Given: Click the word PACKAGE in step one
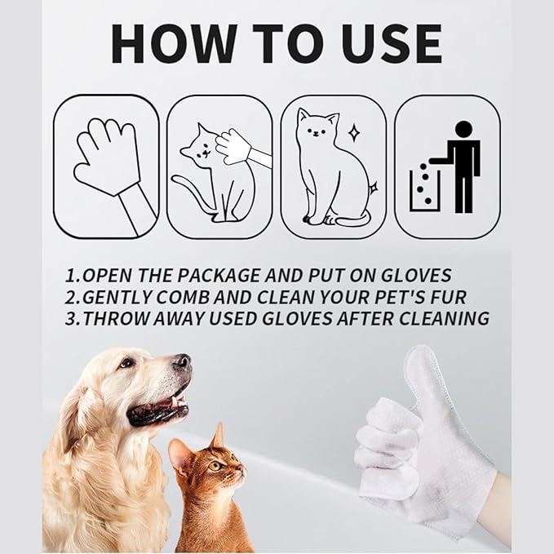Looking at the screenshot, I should click(x=231, y=275).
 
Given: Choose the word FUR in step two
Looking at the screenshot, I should click(x=444, y=296).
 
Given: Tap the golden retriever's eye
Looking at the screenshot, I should click(x=126, y=362).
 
